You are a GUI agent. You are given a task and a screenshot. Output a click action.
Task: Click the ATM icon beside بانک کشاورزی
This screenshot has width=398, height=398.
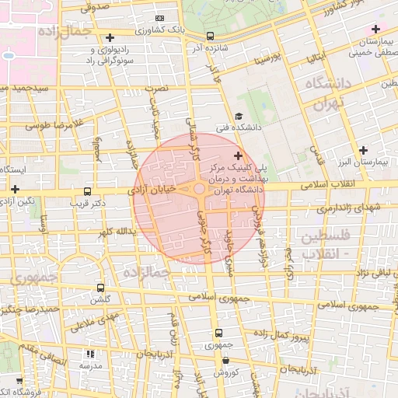coord(159,18)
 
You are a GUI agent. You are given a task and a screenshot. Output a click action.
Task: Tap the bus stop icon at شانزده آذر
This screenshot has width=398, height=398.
coord(210,36)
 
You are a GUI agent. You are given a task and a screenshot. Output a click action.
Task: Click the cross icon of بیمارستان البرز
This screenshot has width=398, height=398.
coord(363,150)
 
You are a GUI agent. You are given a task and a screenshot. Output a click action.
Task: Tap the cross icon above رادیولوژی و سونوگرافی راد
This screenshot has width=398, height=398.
coord(110,37)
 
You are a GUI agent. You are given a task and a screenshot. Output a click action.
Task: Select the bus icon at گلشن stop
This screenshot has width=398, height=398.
coord(101,287)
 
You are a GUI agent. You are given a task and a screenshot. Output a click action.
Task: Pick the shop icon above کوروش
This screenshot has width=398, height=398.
coord(225,360)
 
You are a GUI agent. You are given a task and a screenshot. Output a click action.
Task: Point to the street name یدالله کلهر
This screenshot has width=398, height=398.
coord(116,232)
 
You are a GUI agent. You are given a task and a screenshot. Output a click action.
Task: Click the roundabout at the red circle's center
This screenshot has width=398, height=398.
coord(200,190)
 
